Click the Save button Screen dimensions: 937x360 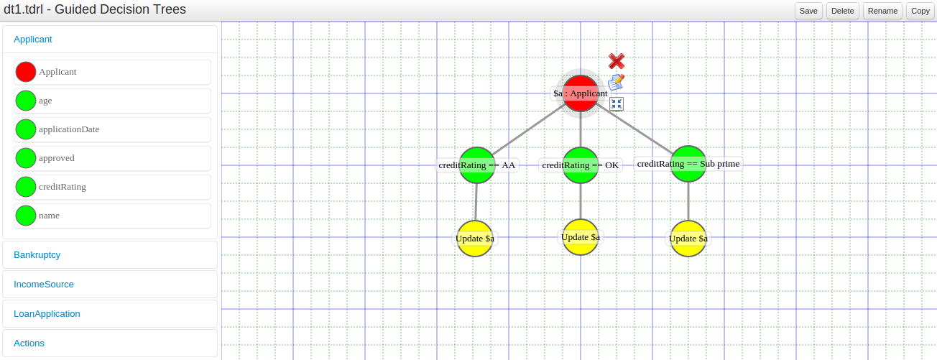[808, 11]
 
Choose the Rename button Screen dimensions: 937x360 [882, 11]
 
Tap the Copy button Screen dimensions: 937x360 [920, 11]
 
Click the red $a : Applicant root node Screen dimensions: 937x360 [580, 93]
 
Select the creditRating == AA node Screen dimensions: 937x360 [477, 165]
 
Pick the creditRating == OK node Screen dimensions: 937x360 [580, 165]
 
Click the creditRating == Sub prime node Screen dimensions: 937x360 [688, 164]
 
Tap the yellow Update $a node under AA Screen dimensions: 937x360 [475, 239]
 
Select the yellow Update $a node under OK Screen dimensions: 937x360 [580, 237]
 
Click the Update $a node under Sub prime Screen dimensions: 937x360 [688, 239]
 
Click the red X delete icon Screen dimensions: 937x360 [617, 61]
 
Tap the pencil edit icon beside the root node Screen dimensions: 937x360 [616, 83]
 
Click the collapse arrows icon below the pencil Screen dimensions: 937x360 [617, 103]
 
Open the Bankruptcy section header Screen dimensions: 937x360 [37, 255]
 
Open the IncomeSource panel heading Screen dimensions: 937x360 [44, 285]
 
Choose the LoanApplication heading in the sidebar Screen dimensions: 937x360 [47, 314]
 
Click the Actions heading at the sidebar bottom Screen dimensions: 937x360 [29, 343]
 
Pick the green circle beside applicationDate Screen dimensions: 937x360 [26, 129]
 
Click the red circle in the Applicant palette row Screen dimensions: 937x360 [26, 72]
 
